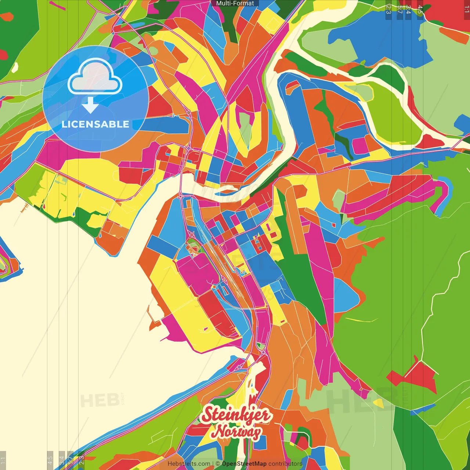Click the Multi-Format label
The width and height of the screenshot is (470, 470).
point(235,3)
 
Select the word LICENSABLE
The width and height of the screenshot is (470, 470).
point(95,124)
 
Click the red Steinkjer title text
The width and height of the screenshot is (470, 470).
point(236,415)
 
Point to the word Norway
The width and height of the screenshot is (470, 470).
point(237,432)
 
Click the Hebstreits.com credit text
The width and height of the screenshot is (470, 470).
point(189,464)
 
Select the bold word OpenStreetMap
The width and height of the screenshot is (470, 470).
point(244,464)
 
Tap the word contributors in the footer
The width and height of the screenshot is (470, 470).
point(285,464)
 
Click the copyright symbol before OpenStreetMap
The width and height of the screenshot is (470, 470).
point(218,464)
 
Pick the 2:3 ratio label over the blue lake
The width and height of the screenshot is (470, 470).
point(388,10)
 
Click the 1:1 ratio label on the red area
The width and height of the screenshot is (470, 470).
point(466,10)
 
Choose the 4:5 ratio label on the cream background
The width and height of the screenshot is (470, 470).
point(50,460)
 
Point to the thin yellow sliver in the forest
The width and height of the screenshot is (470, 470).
point(362,320)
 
